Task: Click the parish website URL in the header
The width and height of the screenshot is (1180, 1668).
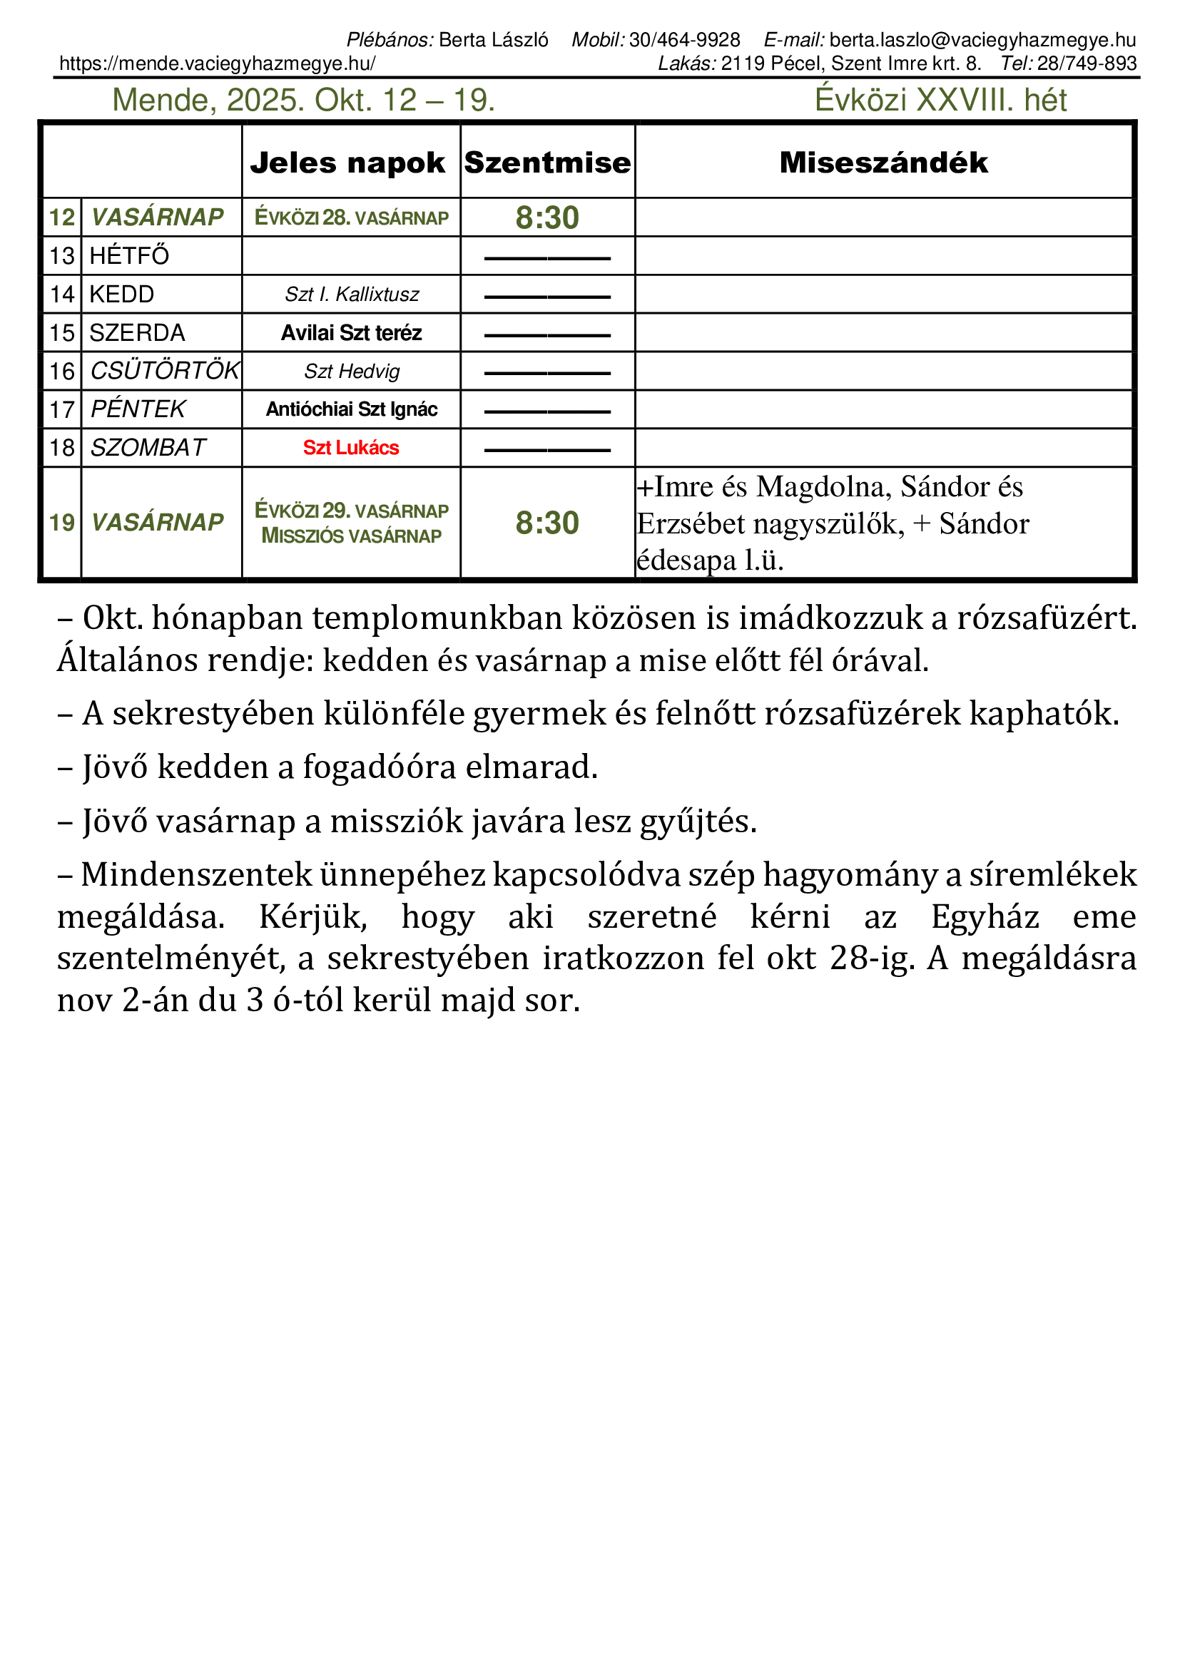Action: pos(218,64)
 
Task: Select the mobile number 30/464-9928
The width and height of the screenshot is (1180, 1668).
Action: pos(684,40)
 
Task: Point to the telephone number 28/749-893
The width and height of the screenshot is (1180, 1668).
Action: pos(1087,64)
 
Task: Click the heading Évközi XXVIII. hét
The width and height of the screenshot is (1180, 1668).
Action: pos(940,101)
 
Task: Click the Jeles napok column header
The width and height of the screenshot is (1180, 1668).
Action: pos(347,163)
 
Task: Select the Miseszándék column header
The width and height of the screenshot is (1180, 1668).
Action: pos(883,163)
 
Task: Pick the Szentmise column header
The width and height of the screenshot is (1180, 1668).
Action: pos(547,163)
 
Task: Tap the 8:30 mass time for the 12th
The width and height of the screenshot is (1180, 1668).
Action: pos(547,218)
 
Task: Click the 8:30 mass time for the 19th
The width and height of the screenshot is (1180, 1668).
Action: pos(547,523)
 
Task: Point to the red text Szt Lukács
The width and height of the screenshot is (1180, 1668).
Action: pos(351,449)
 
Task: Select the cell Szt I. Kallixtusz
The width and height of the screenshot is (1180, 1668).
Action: pos(352,295)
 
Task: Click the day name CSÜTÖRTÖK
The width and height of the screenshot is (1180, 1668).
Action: pos(164,372)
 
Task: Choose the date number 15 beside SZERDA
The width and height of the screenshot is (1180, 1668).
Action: pos(62,334)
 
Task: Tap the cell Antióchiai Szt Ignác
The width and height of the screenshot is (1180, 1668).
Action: pos(352,410)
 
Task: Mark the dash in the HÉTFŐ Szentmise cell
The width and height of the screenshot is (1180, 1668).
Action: pos(547,258)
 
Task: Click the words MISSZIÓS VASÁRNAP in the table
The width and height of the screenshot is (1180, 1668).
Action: pos(352,536)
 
